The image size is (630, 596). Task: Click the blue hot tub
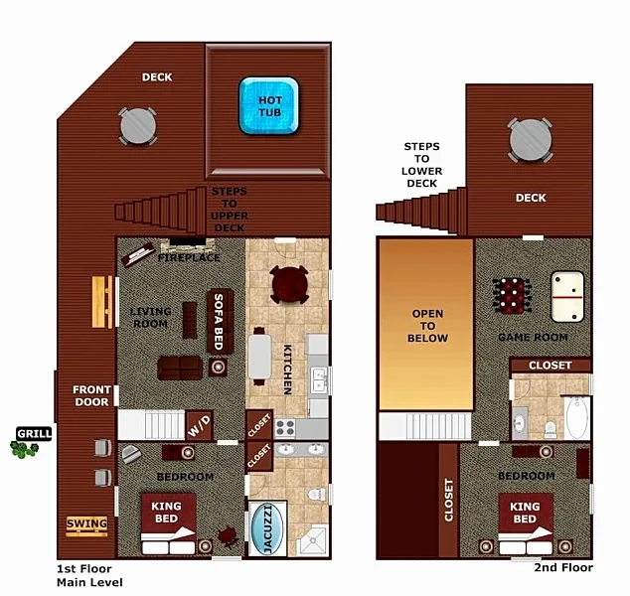(x=269, y=105)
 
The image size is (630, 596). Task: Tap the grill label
(x=34, y=434)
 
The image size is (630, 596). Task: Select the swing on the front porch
(x=86, y=526)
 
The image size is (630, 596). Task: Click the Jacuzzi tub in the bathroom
(x=267, y=528)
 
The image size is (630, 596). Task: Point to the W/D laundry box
(x=200, y=426)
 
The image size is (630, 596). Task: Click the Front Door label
(x=91, y=396)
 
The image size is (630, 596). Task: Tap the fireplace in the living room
(x=188, y=244)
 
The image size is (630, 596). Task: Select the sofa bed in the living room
(x=220, y=321)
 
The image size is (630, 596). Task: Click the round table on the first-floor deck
(x=138, y=126)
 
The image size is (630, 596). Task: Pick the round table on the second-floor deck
(x=531, y=140)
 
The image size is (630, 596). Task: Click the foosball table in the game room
(x=512, y=296)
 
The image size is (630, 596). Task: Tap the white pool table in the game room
(x=567, y=297)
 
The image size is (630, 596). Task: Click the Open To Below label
(x=427, y=326)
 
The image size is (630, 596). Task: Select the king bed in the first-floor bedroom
(x=168, y=523)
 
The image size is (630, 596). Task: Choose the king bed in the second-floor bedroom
(x=526, y=523)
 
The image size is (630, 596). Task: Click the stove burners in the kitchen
(x=285, y=428)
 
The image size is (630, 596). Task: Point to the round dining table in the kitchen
(x=290, y=285)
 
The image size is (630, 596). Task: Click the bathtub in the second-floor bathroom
(x=577, y=418)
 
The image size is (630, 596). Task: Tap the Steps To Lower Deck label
(x=422, y=165)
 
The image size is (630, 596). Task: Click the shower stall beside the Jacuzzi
(x=313, y=541)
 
